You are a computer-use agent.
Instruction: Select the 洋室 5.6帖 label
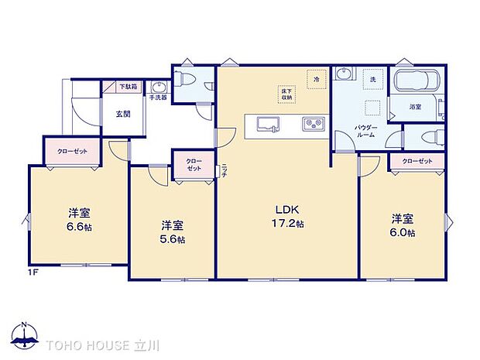[x=172, y=231]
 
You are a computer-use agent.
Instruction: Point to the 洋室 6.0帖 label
[x=401, y=225]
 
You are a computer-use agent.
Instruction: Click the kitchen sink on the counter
[x=268, y=123]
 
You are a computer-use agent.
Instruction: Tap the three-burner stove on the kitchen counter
[x=313, y=124]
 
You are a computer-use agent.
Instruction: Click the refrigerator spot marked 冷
[x=316, y=79]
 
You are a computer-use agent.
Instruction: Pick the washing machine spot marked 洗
[x=372, y=80]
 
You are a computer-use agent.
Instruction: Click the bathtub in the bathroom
[x=417, y=83]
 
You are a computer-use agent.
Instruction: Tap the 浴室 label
[x=414, y=108]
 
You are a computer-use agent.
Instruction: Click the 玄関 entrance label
[x=122, y=114]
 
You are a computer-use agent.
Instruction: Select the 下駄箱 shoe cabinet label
[x=128, y=87]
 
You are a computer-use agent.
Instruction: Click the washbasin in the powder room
[x=345, y=76]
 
